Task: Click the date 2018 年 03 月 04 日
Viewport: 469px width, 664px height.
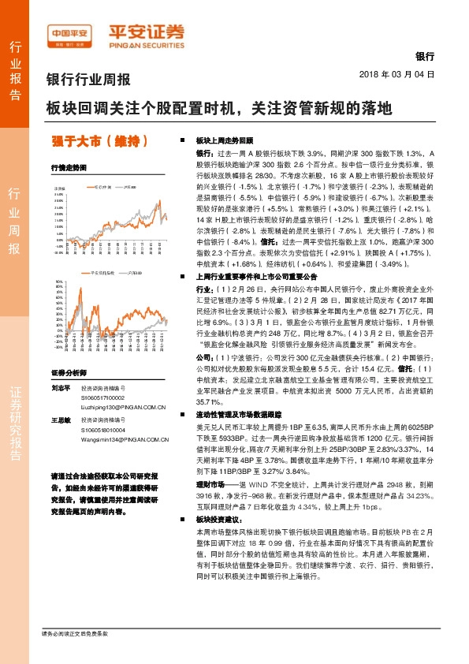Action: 396,73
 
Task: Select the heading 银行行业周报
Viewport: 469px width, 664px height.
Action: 89,79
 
